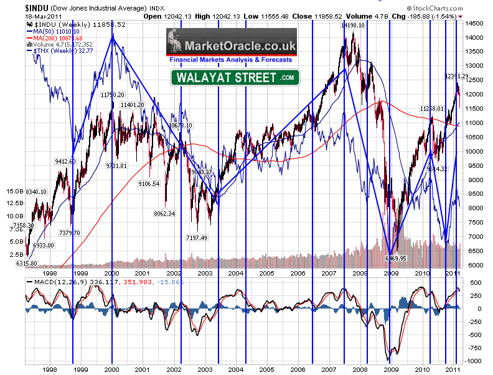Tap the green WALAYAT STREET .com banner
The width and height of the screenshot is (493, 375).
click(x=235, y=78)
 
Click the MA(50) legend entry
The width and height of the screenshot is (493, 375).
click(x=56, y=30)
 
